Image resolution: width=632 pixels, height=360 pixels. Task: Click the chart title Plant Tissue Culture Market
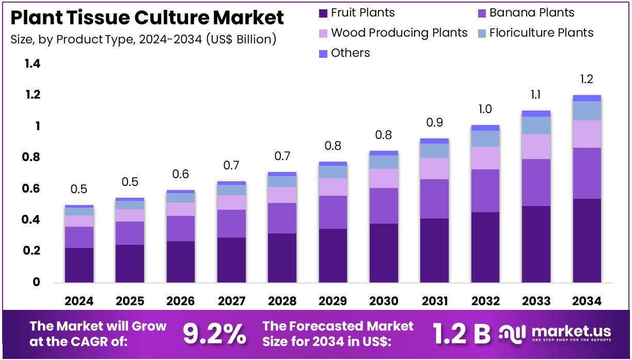click(x=147, y=18)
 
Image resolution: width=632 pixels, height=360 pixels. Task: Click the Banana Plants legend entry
click(x=531, y=13)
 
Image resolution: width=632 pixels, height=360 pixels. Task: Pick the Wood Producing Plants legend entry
click(x=399, y=33)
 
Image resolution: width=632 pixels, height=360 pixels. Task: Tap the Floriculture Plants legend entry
click(x=541, y=33)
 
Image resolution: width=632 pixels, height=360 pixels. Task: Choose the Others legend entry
click(x=350, y=53)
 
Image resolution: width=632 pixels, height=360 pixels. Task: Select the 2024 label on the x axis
click(x=79, y=301)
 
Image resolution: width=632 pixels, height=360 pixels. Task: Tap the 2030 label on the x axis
click(x=384, y=301)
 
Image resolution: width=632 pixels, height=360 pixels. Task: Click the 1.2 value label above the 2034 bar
click(x=587, y=80)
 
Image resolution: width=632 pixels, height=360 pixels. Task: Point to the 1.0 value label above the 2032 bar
click(x=485, y=109)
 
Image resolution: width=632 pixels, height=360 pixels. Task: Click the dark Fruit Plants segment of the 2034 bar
click(x=587, y=240)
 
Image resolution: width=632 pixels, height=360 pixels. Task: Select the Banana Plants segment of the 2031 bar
click(x=434, y=199)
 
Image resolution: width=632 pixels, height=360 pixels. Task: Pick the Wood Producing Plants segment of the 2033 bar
click(x=536, y=147)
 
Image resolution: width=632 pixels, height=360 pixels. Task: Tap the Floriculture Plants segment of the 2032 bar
click(x=485, y=138)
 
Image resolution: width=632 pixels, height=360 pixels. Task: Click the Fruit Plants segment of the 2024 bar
click(x=79, y=265)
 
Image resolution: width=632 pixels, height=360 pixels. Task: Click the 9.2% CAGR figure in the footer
click(x=214, y=334)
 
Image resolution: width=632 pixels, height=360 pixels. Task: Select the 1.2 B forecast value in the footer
click(x=462, y=334)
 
